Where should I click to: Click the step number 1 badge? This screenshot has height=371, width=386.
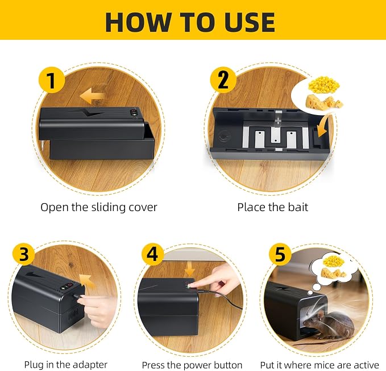tap(52, 80)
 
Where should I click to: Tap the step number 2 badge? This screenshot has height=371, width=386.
tap(223, 80)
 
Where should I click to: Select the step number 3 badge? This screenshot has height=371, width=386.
tap(24, 254)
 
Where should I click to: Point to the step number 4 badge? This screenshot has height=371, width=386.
tap(152, 254)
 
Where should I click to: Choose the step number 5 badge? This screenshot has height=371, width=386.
tap(280, 254)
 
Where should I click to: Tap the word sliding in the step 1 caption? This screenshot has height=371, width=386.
tap(109, 208)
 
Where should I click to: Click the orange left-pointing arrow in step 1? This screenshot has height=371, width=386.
tap(92, 96)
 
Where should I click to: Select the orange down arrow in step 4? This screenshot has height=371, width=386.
tap(189, 269)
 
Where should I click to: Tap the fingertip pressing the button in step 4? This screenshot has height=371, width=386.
tap(192, 285)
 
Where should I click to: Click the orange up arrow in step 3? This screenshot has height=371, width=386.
tap(88, 281)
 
